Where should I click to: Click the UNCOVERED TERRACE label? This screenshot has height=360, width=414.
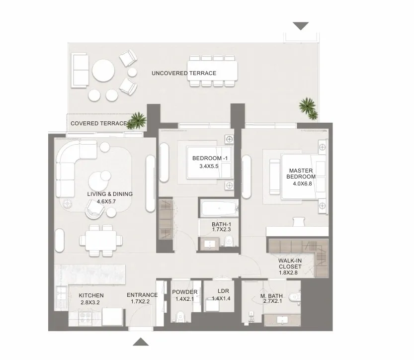[x=184, y=73]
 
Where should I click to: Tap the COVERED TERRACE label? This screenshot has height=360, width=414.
[x=99, y=123]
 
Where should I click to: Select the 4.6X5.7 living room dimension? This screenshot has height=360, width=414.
[x=106, y=201]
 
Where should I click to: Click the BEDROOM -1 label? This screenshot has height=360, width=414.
[x=210, y=158]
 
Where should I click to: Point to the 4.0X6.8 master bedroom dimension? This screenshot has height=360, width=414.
[x=302, y=183]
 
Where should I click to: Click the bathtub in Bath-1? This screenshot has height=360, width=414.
[x=219, y=208]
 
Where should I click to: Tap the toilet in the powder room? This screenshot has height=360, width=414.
[x=181, y=316]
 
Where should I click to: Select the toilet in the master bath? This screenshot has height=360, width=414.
[x=294, y=297]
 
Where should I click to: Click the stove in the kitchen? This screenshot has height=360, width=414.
[x=85, y=318]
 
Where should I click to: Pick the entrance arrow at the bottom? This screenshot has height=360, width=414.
[x=141, y=342]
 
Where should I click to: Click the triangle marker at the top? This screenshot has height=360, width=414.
[x=301, y=26]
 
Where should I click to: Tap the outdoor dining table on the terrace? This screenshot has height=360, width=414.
[x=212, y=71]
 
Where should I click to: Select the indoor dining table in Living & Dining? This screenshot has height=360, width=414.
[x=100, y=240]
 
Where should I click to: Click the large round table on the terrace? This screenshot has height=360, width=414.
[x=103, y=70]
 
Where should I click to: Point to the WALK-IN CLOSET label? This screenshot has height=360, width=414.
[x=290, y=264]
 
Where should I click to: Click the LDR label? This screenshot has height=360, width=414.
[x=223, y=291]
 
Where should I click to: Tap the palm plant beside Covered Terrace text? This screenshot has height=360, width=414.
[x=137, y=121]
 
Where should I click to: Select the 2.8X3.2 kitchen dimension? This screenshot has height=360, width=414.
[x=90, y=302]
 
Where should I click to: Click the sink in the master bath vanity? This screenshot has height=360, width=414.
[x=282, y=320]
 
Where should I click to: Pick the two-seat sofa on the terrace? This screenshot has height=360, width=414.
[x=80, y=70]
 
